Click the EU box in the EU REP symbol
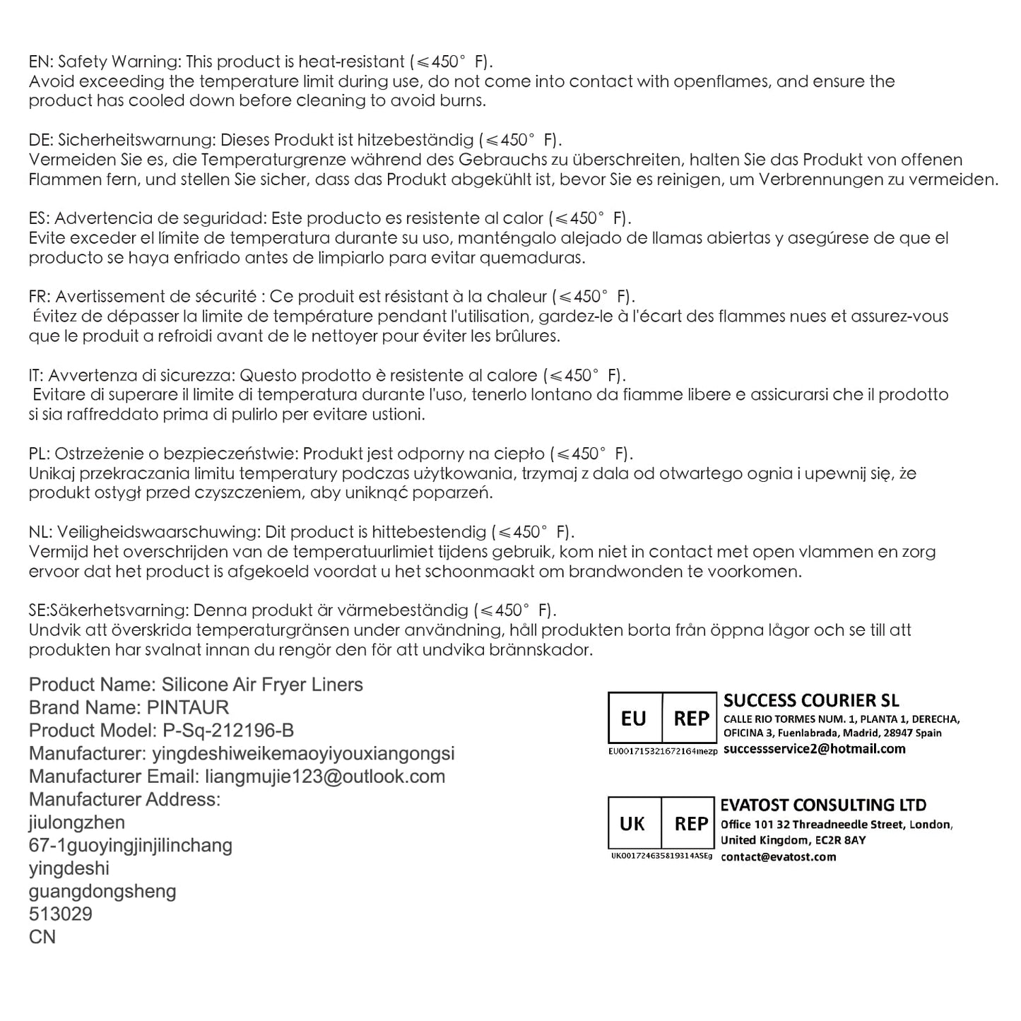click(634, 719)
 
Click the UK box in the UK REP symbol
click(632, 824)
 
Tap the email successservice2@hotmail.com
click(814, 749)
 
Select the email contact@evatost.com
click(778, 857)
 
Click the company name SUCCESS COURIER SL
click(811, 700)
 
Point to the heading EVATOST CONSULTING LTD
click(823, 805)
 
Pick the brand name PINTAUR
click(188, 707)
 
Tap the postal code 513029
click(61, 914)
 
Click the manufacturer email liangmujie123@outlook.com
click(325, 777)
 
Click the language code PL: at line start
click(39, 454)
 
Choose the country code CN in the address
click(42, 937)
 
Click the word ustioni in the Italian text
click(394, 414)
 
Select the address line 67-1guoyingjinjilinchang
click(131, 845)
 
